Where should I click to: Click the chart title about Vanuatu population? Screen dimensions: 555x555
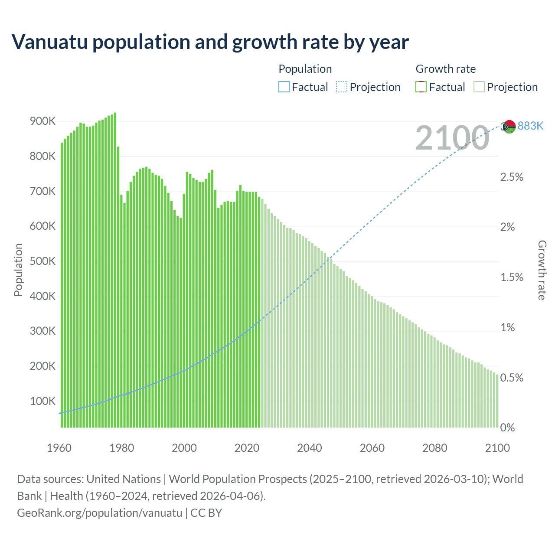click(x=210, y=42)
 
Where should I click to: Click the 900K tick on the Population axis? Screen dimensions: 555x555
click(x=42, y=121)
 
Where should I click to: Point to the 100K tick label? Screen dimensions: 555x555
click(x=42, y=401)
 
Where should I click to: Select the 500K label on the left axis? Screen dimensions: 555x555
click(x=42, y=261)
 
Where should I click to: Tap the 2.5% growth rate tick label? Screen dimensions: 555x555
click(x=512, y=177)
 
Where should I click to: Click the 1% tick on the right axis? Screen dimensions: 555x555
click(x=507, y=327)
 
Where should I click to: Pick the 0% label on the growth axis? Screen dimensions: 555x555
click(x=507, y=428)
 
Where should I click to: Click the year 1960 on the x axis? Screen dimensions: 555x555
click(x=59, y=448)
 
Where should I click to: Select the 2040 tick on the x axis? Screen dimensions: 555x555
click(x=310, y=448)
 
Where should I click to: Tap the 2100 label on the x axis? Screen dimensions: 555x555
click(x=497, y=448)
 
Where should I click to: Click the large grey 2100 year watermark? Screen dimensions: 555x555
click(x=452, y=138)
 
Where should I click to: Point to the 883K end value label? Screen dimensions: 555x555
click(x=530, y=126)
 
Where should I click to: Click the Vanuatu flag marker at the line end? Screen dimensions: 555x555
click(x=509, y=127)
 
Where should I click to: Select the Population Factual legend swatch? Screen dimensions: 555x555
click(x=284, y=87)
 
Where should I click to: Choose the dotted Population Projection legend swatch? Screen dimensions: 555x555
click(x=342, y=87)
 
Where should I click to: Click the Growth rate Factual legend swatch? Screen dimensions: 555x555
click(x=421, y=87)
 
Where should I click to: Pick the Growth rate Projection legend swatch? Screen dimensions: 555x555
click(x=479, y=87)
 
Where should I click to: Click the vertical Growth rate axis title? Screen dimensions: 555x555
click(x=542, y=270)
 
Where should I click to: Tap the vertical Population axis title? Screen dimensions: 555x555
click(x=18, y=270)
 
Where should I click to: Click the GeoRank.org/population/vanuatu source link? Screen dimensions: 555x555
click(x=100, y=513)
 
